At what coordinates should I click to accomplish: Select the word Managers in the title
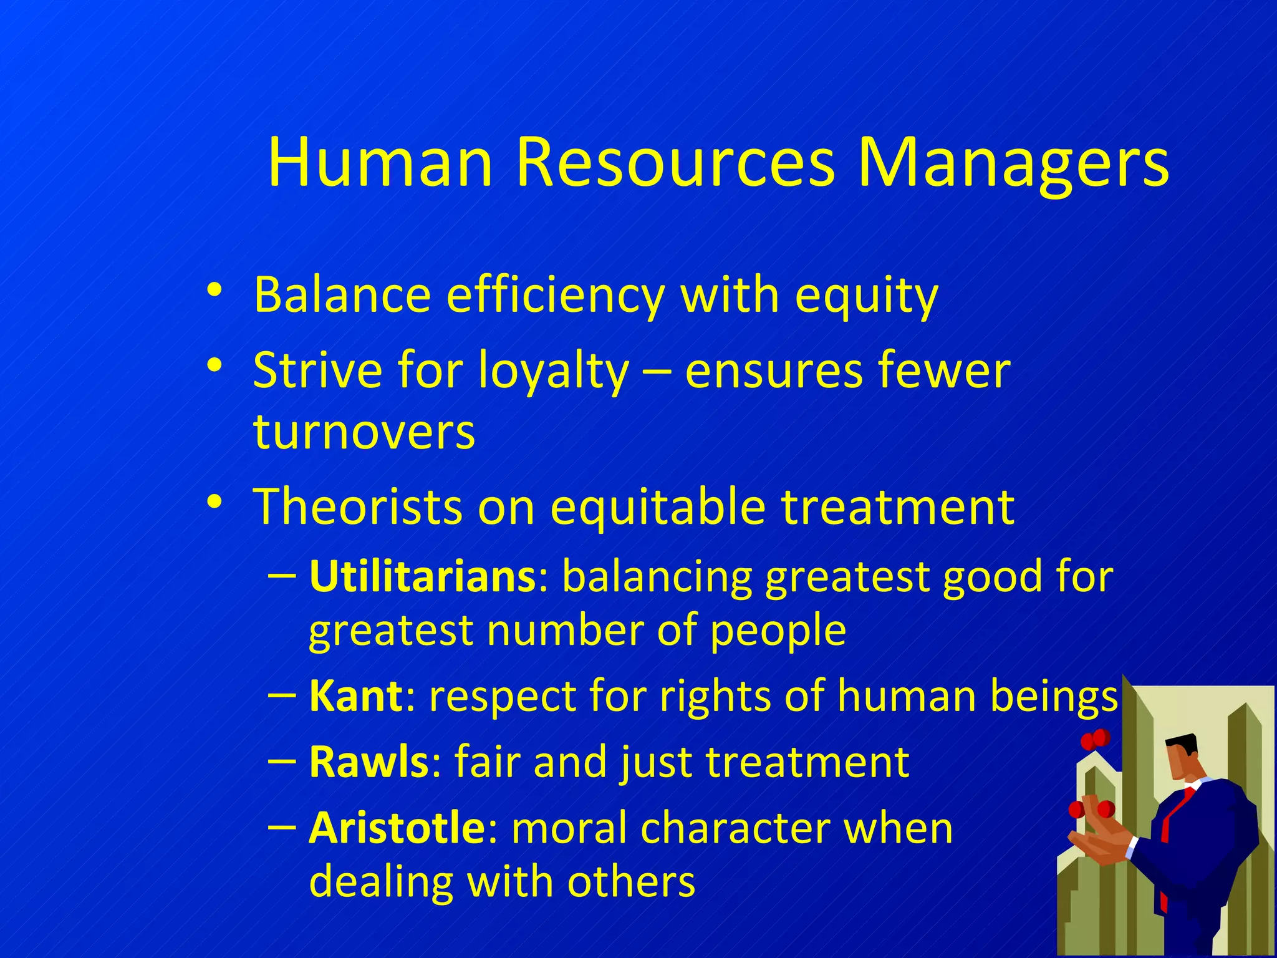coord(1013,163)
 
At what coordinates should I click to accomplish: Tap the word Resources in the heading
coord(675,163)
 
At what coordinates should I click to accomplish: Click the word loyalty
coord(553,370)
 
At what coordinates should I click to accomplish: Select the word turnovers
coord(364,432)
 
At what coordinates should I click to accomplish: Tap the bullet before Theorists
coord(214,502)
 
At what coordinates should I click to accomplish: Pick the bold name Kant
coord(356,695)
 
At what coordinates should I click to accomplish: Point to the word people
coord(778,631)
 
